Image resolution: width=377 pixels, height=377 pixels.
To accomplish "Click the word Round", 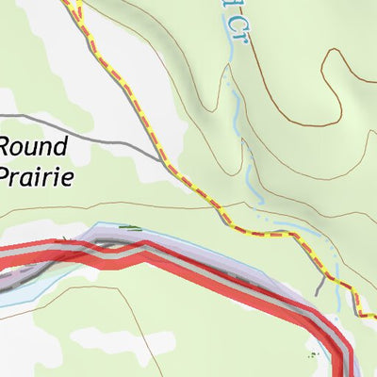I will point(34,147).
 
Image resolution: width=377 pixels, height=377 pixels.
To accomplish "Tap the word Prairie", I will point(35,175).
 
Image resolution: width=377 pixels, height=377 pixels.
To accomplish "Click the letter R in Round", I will point(8,147).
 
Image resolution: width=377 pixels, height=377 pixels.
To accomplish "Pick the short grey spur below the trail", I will point(323,285).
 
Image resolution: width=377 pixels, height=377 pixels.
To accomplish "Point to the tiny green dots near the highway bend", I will point(313,355).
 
